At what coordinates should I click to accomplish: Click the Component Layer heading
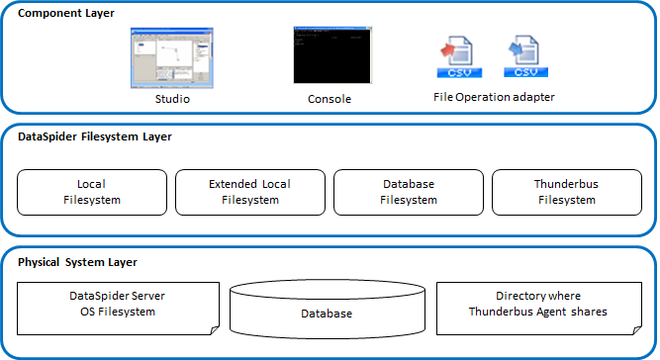[x=65, y=14]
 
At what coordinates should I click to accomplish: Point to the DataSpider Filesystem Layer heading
[x=95, y=136]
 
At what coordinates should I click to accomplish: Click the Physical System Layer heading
[x=77, y=262]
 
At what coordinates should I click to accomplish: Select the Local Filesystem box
[x=91, y=192]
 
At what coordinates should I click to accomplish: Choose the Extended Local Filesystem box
[x=249, y=192]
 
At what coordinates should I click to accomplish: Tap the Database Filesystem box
[x=408, y=192]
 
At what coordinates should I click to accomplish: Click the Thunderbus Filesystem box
[x=566, y=192]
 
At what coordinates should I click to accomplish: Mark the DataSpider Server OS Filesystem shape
[x=117, y=305]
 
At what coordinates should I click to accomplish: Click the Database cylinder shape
[x=327, y=313]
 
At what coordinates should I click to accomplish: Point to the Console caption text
[x=329, y=99]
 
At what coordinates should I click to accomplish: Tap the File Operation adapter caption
[x=495, y=97]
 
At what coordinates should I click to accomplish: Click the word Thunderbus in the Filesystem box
[x=566, y=185]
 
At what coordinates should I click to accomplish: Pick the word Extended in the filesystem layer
[x=233, y=185]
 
